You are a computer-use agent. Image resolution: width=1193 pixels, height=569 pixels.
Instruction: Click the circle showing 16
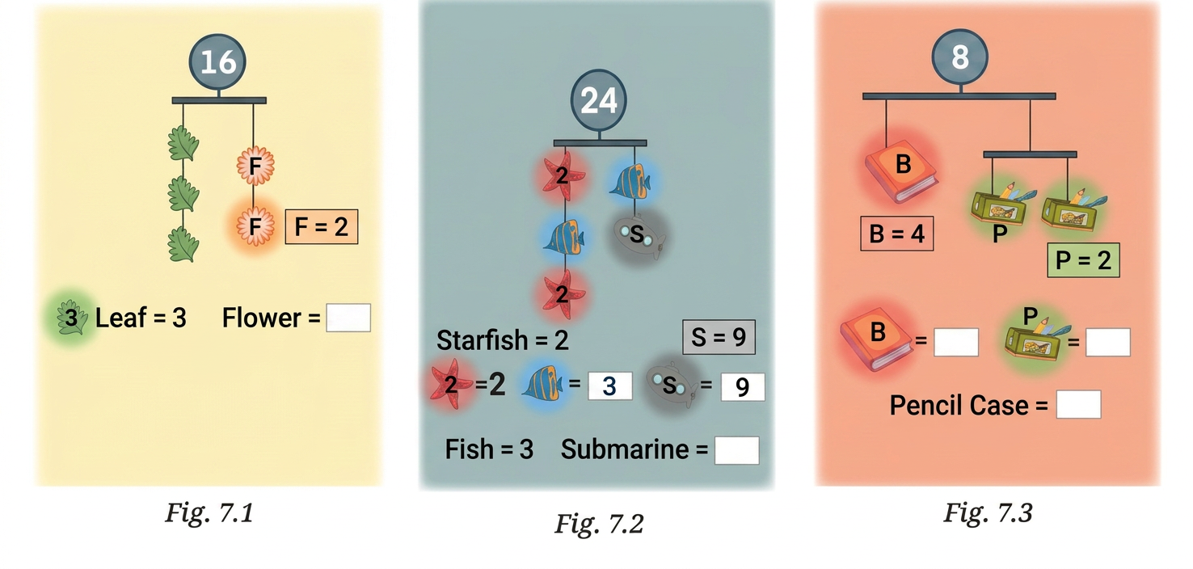(x=217, y=61)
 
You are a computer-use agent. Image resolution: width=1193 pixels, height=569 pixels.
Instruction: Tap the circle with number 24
(x=599, y=100)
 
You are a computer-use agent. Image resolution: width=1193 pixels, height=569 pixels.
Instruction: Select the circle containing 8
(x=959, y=57)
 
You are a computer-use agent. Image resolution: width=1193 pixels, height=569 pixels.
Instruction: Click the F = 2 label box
(x=321, y=227)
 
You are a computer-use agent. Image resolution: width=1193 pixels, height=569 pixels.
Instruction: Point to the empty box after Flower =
(x=348, y=318)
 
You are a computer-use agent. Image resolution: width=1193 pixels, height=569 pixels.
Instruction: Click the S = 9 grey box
(x=719, y=337)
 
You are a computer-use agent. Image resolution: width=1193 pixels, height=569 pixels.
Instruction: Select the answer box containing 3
(x=609, y=386)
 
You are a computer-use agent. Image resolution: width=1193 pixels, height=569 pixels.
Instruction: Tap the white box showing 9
(x=743, y=387)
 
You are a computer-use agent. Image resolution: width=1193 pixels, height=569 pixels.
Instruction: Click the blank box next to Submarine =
(x=736, y=451)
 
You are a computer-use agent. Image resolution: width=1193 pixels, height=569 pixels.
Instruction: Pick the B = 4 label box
(x=897, y=234)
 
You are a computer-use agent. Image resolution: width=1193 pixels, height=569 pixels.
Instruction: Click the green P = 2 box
(x=1083, y=260)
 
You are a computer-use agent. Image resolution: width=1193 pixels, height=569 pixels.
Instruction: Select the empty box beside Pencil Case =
(x=1078, y=405)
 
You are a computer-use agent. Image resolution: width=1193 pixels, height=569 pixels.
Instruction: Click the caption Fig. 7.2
(x=599, y=525)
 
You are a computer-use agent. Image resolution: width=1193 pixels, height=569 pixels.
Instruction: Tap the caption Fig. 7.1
(x=209, y=513)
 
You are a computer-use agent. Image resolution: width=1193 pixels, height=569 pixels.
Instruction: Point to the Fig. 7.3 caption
(x=988, y=513)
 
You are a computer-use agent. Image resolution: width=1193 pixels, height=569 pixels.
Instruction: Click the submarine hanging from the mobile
(x=639, y=236)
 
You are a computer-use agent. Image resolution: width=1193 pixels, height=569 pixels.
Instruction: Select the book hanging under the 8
(x=900, y=171)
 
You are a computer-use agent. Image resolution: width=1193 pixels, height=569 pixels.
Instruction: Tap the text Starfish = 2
(x=502, y=340)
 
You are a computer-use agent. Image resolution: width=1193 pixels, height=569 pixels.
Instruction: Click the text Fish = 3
(x=489, y=449)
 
